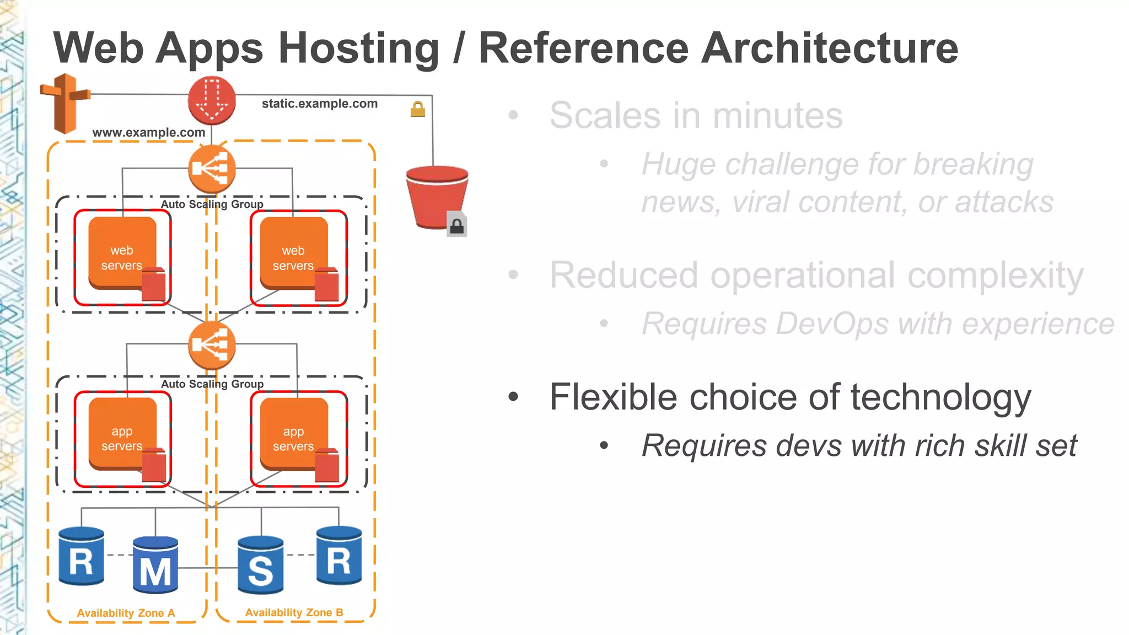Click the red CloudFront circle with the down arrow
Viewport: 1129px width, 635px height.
coord(212,100)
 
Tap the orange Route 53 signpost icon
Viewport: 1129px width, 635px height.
coord(66,103)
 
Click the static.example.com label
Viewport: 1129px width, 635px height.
coord(319,104)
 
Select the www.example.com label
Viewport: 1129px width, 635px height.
coord(148,132)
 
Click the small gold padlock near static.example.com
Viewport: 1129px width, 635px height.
coord(418,109)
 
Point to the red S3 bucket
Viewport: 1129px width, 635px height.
coord(436,196)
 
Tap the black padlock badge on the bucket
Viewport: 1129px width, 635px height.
coord(457,225)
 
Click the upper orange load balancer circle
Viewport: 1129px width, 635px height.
coord(212,169)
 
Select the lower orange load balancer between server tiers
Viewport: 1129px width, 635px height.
coord(212,346)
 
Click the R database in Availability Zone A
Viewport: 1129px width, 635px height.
coord(82,557)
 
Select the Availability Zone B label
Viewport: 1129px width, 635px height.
coord(294,612)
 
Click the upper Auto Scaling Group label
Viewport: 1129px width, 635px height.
coord(212,204)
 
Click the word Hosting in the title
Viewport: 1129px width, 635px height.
coord(359,49)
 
